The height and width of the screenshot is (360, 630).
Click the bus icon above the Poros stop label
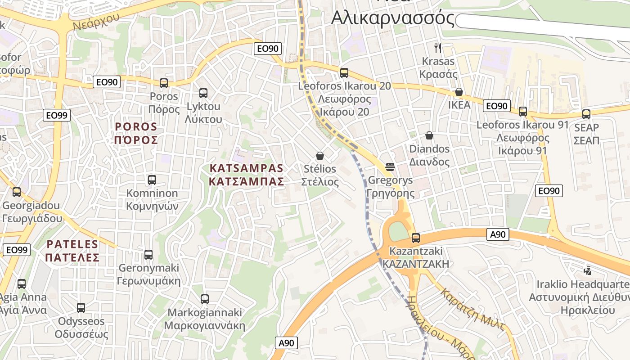pyautogui.click(x=164, y=83)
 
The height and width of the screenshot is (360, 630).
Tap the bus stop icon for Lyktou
pyautogui.click(x=203, y=93)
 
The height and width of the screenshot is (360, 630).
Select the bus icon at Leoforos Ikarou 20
pyautogui.click(x=344, y=72)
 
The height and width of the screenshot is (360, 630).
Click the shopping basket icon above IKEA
pyautogui.click(x=459, y=92)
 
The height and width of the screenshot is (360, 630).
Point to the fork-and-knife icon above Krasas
pyautogui.click(x=437, y=48)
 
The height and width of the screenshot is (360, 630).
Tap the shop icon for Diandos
pyautogui.click(x=429, y=135)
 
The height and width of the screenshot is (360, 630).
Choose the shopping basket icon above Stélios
pyautogui.click(x=320, y=156)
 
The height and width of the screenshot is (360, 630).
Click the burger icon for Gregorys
pyautogui.click(x=390, y=167)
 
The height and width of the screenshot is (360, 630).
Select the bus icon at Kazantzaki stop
pyautogui.click(x=416, y=238)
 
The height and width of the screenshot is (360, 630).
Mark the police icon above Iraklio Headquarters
pyautogui.click(x=587, y=271)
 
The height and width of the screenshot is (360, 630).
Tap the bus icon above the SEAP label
pyautogui.click(x=586, y=114)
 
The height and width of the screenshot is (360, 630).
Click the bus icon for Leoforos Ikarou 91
pyautogui.click(x=523, y=112)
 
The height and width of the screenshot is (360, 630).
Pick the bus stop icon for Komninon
pyautogui.click(x=152, y=180)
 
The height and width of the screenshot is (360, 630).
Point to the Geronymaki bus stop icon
pyautogui.click(x=148, y=255)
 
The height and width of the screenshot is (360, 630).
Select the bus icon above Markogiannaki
pyautogui.click(x=205, y=299)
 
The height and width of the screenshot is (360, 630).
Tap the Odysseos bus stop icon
pyautogui.click(x=81, y=308)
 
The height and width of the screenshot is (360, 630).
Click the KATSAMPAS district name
pyautogui.click(x=246, y=175)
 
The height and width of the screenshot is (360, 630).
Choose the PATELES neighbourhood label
pyautogui.click(x=73, y=251)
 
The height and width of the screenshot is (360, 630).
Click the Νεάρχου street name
pyautogui.click(x=95, y=20)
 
